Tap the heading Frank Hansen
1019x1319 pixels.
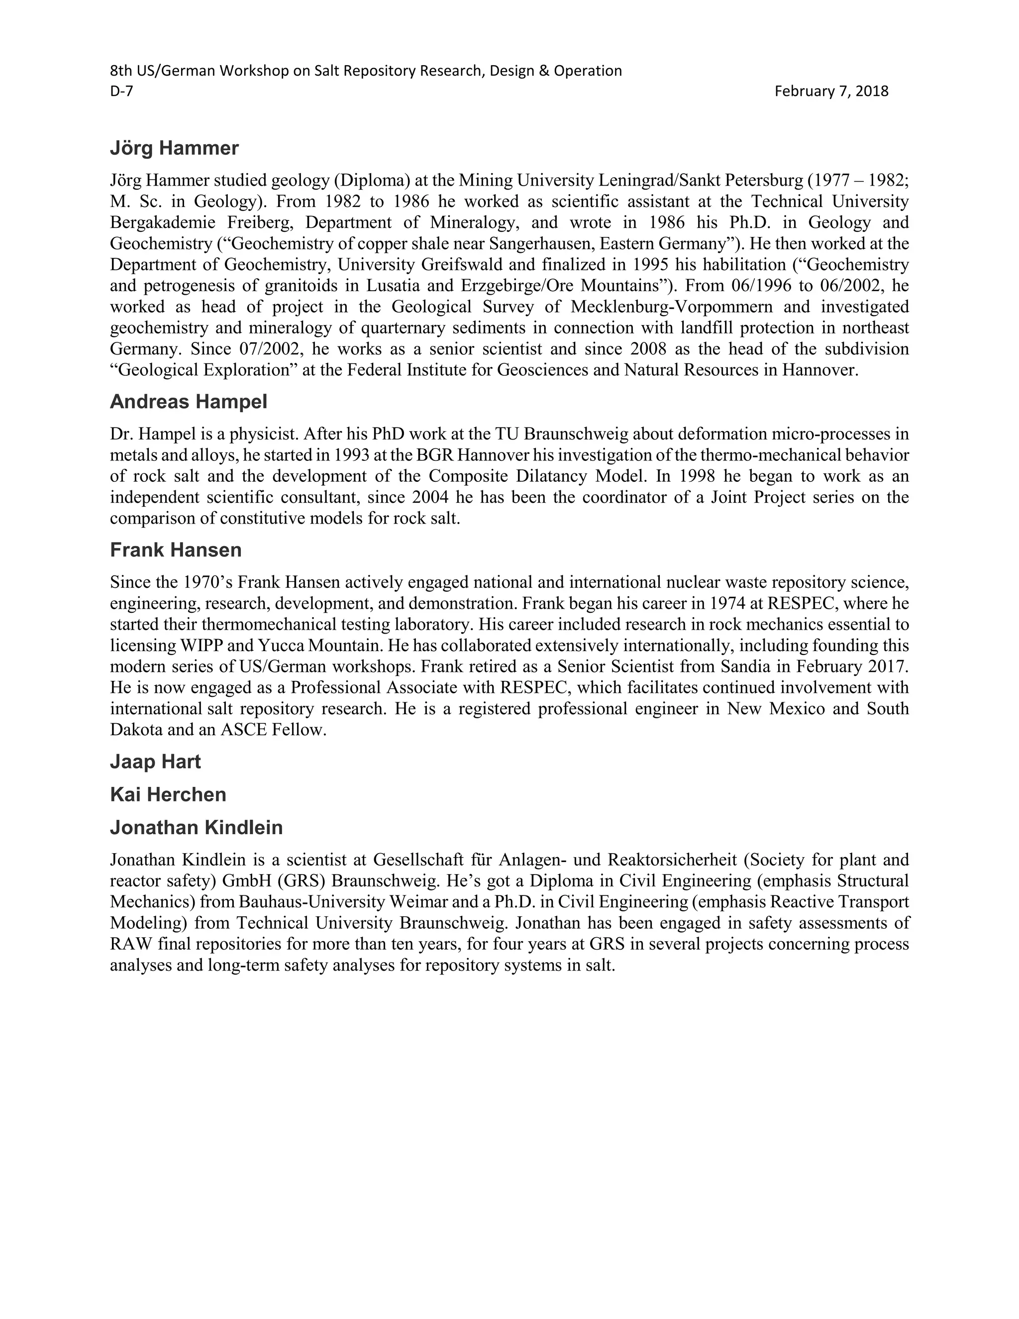click(176, 550)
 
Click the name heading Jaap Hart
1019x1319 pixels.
click(155, 762)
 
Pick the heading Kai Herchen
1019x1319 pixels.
click(168, 794)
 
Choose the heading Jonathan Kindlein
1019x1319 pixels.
click(196, 827)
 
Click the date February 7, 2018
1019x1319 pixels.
click(831, 91)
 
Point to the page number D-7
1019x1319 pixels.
click(121, 91)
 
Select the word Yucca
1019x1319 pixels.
click(281, 646)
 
